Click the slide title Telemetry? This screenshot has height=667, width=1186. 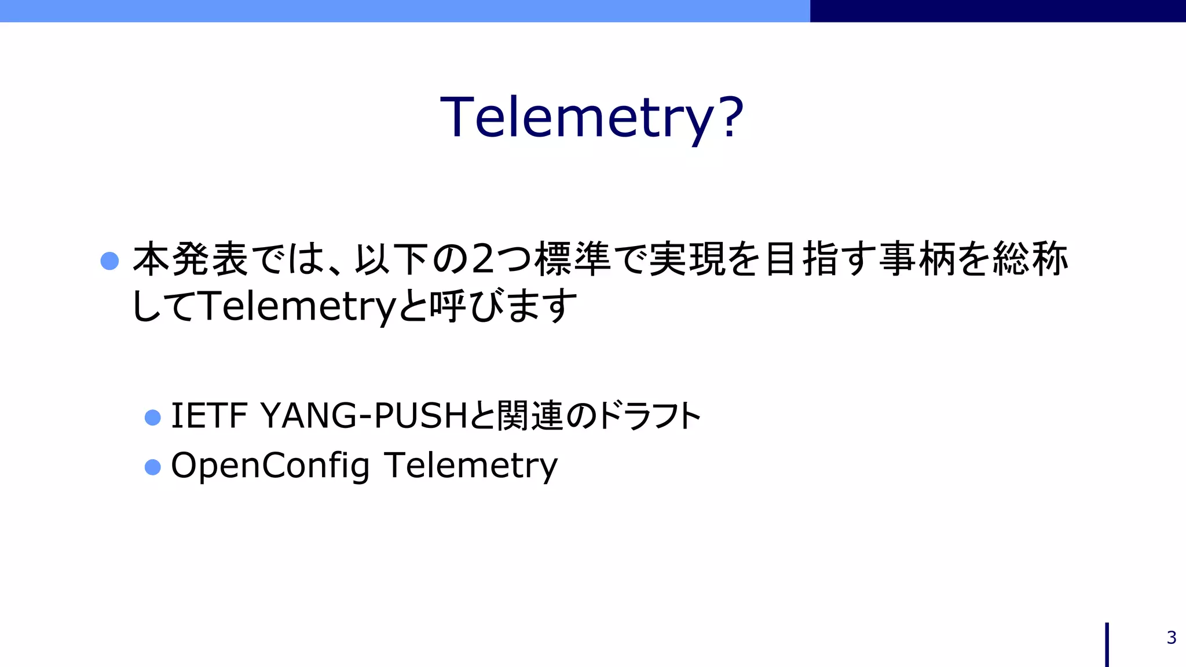591,118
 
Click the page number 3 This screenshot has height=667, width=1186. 1171,637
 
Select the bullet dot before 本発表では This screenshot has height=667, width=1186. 109,261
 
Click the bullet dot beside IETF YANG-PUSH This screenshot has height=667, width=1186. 152,417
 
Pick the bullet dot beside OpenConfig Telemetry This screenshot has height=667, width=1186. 152,467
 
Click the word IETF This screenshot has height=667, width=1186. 209,416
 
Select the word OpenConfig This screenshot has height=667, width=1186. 270,466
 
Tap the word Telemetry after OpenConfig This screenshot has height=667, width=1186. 470,466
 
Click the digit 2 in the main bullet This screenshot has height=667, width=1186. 484,259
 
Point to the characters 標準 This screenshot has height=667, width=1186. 572,259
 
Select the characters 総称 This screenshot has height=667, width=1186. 1030,259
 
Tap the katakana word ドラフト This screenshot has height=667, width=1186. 649,416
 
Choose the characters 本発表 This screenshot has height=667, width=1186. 191,259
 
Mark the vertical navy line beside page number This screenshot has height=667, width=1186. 1107,644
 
